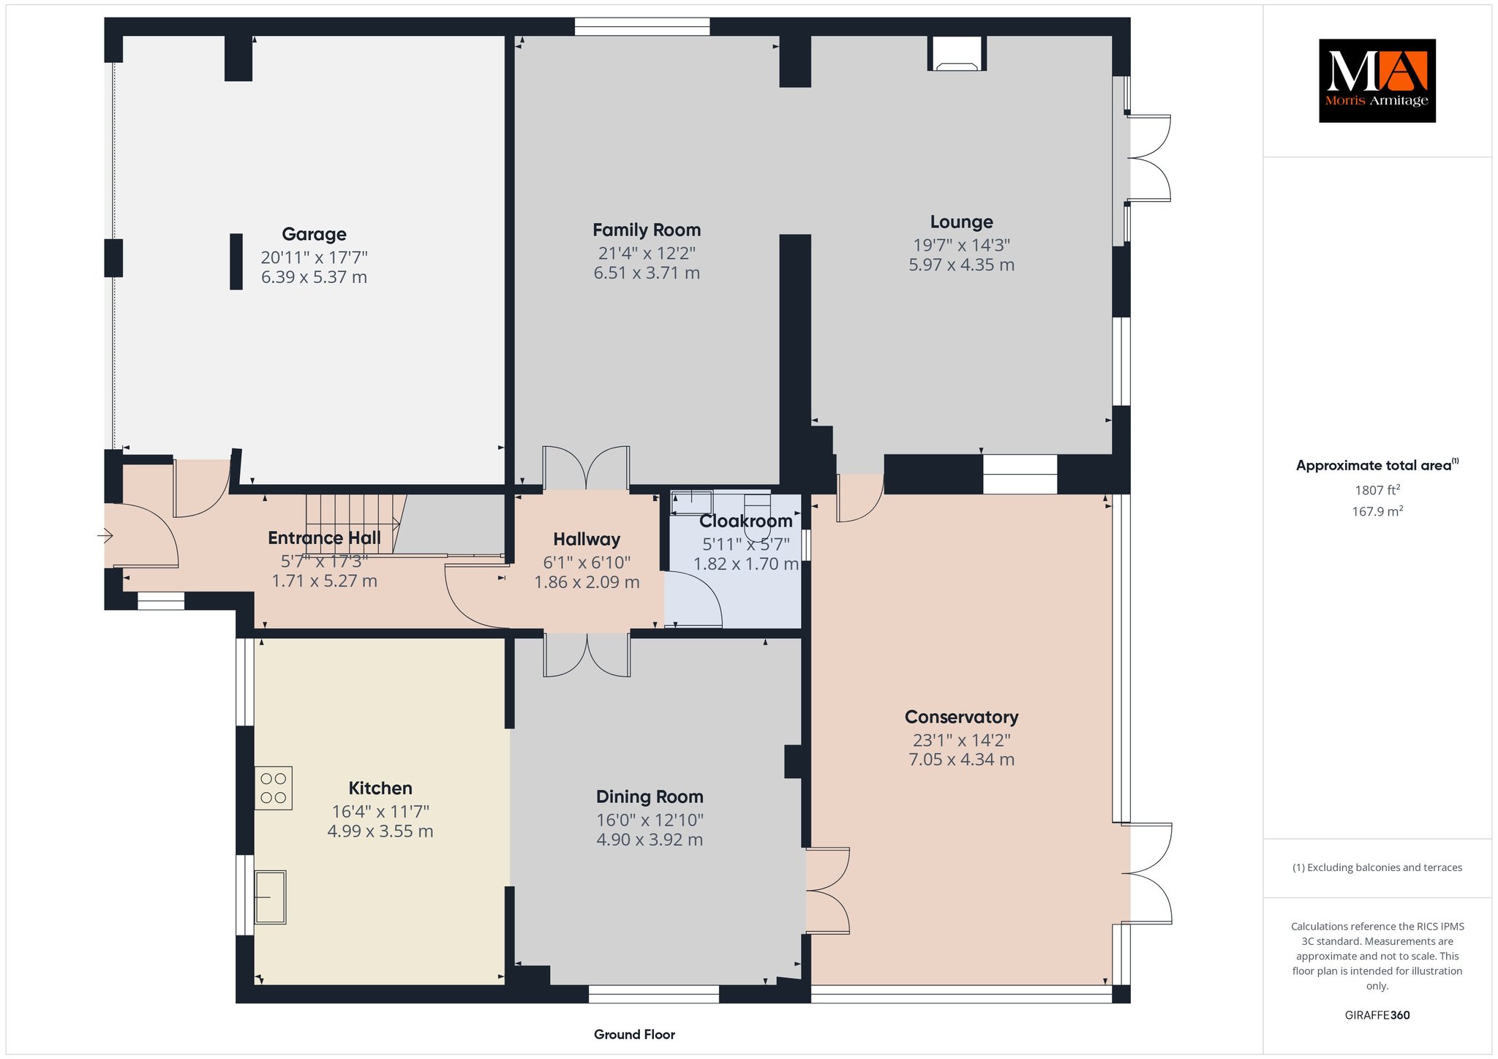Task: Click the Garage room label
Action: point(314,234)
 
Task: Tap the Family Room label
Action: point(647,230)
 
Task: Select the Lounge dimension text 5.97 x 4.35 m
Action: point(961,265)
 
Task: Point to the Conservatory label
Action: point(961,717)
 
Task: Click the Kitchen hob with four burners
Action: point(274,788)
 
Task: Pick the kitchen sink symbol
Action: point(270,897)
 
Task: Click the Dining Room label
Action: point(650,796)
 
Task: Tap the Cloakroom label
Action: point(745,521)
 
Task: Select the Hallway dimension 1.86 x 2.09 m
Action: point(587,582)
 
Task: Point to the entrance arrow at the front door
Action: point(105,537)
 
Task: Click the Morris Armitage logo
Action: point(1377,80)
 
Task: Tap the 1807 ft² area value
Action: point(1377,491)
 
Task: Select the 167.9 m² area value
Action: point(1377,511)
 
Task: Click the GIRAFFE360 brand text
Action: point(1377,1015)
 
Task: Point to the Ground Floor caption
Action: point(634,1034)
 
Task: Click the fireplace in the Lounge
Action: point(957,53)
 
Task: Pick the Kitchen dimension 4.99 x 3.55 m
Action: point(380,832)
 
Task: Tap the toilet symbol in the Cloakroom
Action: point(757,516)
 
